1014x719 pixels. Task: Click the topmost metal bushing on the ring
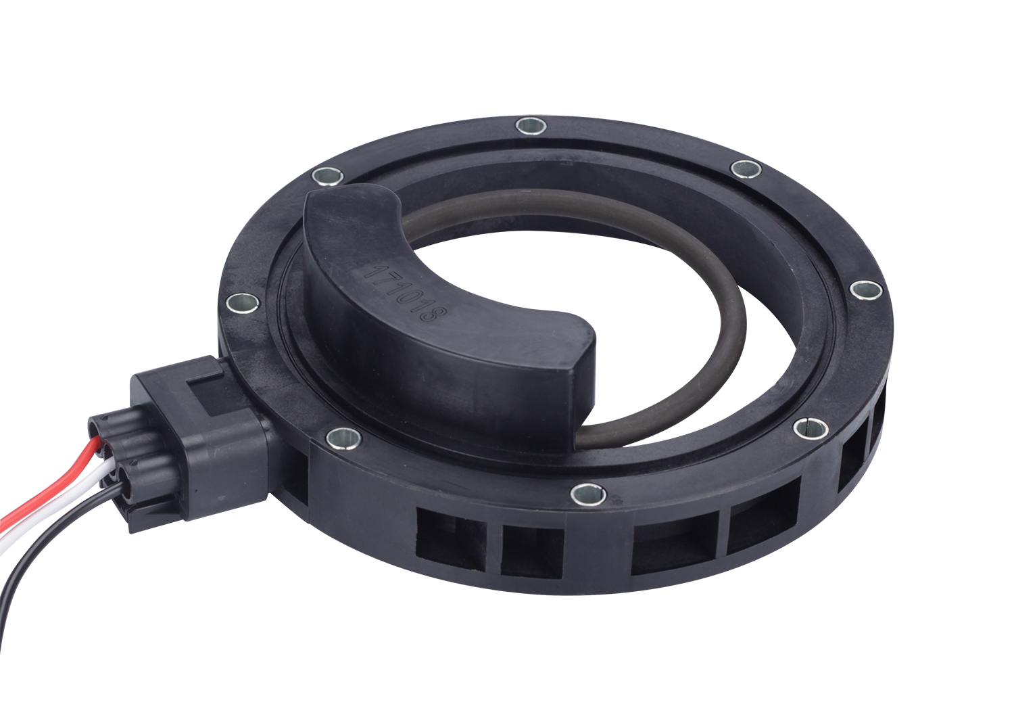point(531,126)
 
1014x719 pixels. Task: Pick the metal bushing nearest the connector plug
point(344,436)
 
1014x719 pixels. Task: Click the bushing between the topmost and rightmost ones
point(746,168)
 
